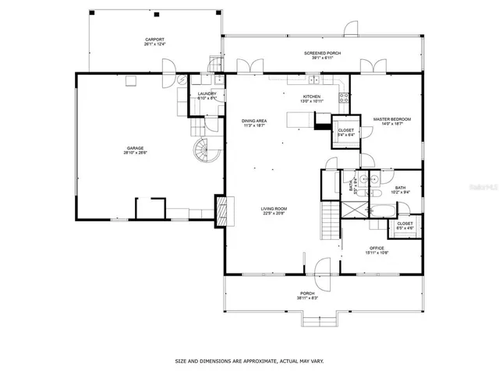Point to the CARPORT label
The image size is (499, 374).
pyautogui.click(x=154, y=41)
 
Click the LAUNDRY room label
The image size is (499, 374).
pyautogui.click(x=207, y=94)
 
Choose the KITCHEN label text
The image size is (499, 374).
pyautogui.click(x=311, y=97)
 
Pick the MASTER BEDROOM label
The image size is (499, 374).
pyautogui.click(x=391, y=120)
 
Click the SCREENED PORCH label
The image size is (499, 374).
pyautogui.click(x=321, y=53)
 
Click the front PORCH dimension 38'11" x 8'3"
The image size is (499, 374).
pyautogui.click(x=308, y=298)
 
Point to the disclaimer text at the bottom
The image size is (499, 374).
pyautogui.click(x=249, y=361)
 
